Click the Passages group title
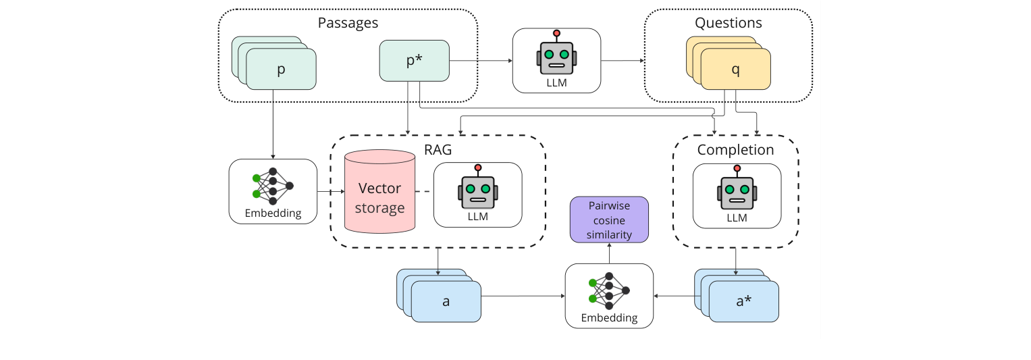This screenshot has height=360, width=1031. click(348, 23)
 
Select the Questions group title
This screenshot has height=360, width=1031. click(728, 23)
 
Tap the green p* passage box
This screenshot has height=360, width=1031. click(414, 61)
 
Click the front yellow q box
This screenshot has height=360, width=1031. click(736, 70)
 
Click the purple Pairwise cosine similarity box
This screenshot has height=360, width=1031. click(609, 220)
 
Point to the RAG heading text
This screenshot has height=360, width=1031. click(437, 150)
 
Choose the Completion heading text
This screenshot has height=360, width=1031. click(735, 149)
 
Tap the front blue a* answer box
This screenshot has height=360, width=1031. click(743, 301)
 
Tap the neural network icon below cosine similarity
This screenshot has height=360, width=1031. click(609, 290)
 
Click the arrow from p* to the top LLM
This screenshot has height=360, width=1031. click(481, 61)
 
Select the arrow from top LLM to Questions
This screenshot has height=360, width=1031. click(622, 61)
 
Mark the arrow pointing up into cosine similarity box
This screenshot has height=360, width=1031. click(609, 253)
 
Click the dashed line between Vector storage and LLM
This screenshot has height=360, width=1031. click(424, 192)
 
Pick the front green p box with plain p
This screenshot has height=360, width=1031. click(281, 70)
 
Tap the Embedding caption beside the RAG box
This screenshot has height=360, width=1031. click(273, 213)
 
